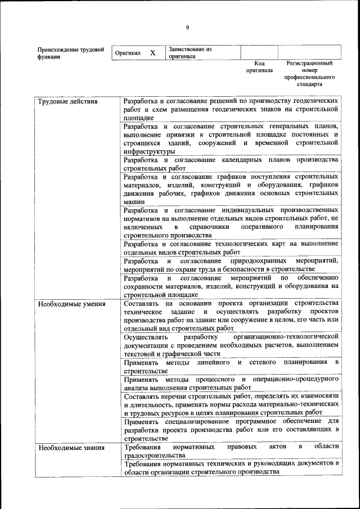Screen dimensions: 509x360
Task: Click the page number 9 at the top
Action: (187, 28)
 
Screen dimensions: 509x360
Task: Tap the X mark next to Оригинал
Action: (152, 53)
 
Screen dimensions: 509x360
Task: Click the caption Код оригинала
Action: (259, 67)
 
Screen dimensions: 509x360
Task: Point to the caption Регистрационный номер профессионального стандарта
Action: (309, 74)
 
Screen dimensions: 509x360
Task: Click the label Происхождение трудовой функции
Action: (71, 53)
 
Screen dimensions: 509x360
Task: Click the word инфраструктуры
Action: (149, 151)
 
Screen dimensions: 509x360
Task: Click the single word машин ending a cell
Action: (134, 201)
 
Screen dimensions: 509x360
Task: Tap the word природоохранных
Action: (261, 261)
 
